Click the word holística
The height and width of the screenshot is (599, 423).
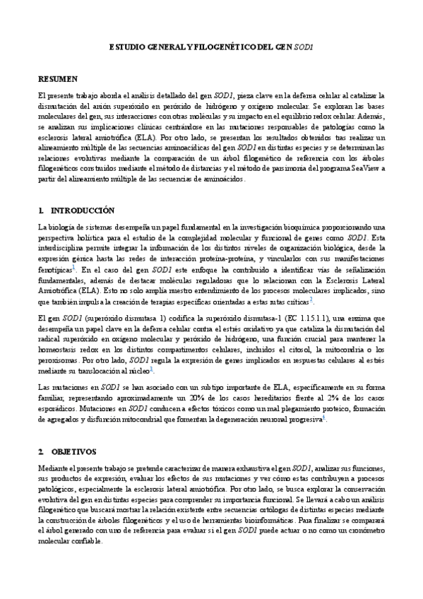pos(88,238)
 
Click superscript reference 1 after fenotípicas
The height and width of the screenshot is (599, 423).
pos(73,267)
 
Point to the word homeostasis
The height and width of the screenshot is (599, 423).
pos(61,349)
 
